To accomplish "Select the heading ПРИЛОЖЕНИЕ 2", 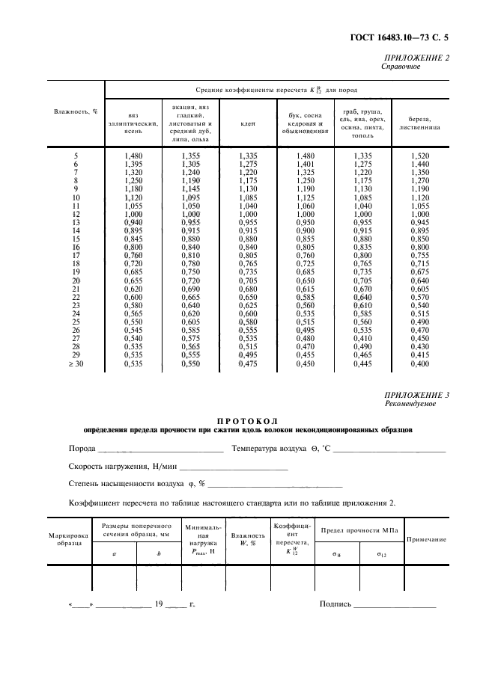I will (416, 58).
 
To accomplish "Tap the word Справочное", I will (402, 66).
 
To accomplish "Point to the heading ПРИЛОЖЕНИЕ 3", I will (416, 394).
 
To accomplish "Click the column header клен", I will (247, 123).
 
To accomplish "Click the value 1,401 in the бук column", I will (309, 164).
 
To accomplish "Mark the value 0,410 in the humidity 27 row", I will (363, 339).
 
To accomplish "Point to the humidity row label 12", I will (76, 214).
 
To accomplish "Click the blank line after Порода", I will (160, 449).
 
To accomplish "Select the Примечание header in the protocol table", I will (426, 539).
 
